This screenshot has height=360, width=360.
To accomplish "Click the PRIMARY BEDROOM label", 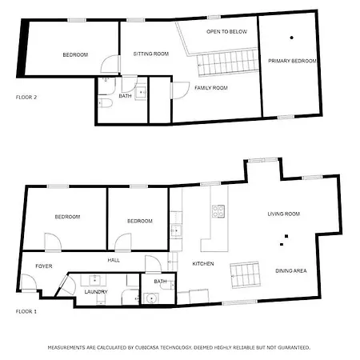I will pyautogui.click(x=292, y=61).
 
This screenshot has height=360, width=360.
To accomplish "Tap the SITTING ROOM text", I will pyautogui.click(x=151, y=54).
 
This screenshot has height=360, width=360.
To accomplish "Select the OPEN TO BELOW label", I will pyautogui.click(x=226, y=31).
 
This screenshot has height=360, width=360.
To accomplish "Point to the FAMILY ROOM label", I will pyautogui.click(x=212, y=87).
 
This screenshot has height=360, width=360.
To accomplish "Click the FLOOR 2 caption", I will pyautogui.click(x=26, y=97).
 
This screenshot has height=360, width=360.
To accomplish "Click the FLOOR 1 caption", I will pyautogui.click(x=26, y=310).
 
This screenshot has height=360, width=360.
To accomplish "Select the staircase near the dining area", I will pyautogui.click(x=246, y=274).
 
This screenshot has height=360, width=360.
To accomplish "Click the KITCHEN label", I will pyautogui.click(x=203, y=263).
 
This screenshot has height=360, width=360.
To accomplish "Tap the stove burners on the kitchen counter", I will pyautogui.click(x=218, y=212).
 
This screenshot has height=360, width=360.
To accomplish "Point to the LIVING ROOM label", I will pyautogui.click(x=283, y=214).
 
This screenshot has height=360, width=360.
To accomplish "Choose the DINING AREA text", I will pyautogui.click(x=291, y=270).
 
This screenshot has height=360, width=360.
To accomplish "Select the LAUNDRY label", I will pyautogui.click(x=96, y=292).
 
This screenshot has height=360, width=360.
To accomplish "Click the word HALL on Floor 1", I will pyautogui.click(x=114, y=259).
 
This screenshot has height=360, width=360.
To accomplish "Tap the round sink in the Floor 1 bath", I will pyautogui.click(x=154, y=298).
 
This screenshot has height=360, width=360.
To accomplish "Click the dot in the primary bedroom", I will pyautogui.click(x=292, y=38).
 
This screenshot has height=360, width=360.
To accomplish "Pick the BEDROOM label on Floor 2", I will pyautogui.click(x=75, y=54).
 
